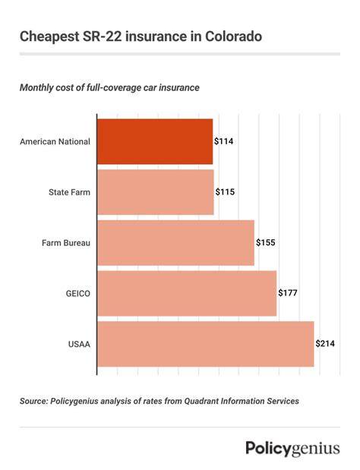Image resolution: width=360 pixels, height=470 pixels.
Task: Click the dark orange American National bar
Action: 155,141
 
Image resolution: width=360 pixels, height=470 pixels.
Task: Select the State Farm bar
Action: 156,192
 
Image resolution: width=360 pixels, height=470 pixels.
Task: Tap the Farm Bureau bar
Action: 175,243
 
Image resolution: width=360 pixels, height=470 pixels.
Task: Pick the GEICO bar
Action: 187,293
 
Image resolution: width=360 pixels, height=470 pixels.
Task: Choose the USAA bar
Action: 206,344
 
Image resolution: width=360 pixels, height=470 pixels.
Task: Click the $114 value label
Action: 223,141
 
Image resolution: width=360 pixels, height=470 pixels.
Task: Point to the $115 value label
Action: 225,192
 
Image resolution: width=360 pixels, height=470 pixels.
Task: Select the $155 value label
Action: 265,242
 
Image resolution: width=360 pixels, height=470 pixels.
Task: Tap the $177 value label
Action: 288,293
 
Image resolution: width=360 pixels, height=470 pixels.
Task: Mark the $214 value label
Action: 325,343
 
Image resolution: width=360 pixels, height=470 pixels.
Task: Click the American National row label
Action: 55,141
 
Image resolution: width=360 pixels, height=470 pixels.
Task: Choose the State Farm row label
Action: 69,192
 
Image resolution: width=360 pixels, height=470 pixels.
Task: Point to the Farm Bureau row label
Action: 66,243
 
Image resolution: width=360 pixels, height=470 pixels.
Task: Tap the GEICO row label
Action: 78,293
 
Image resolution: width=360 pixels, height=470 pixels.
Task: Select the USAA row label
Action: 79,344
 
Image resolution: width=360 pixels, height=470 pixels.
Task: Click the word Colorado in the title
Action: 233,36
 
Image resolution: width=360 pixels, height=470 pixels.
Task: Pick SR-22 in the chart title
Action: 101,36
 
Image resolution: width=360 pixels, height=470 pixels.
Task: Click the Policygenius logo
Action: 293,449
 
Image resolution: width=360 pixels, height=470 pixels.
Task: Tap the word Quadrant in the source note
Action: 201,401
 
